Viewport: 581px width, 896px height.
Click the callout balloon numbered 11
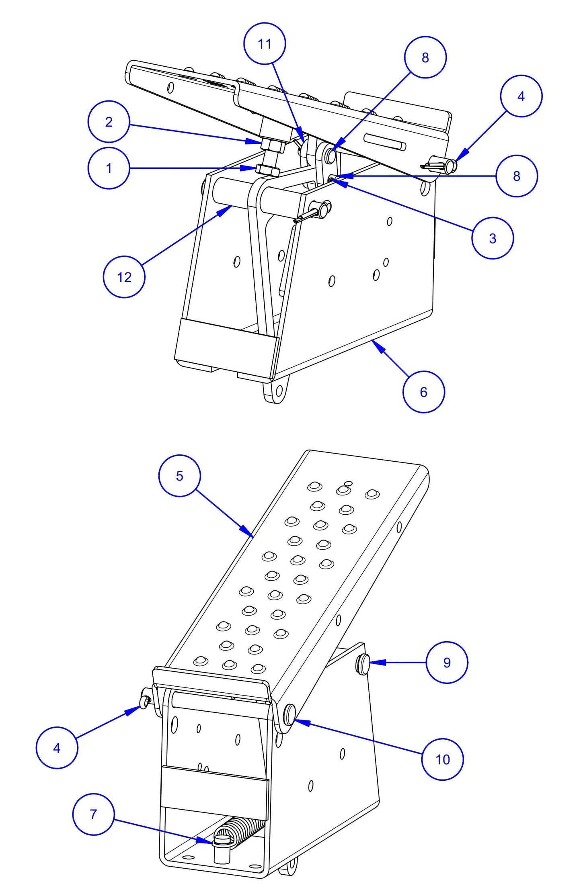tap(265, 43)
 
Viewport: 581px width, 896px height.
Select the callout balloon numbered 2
tap(109, 121)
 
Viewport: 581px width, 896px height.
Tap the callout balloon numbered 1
tap(109, 168)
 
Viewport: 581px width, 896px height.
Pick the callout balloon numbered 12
tap(124, 277)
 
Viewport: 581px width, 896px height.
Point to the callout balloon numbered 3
tap(493, 238)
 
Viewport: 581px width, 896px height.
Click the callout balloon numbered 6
tap(423, 392)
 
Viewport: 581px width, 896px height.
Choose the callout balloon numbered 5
tap(179, 476)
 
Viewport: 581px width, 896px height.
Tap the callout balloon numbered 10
tap(442, 759)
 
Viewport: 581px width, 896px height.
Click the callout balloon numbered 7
tap(93, 814)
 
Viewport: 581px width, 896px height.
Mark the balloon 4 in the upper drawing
tap(521, 96)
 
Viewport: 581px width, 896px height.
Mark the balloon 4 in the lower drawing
tap(57, 748)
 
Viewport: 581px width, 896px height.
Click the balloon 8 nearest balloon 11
tap(425, 57)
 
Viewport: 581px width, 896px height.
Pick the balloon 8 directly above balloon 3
tap(516, 176)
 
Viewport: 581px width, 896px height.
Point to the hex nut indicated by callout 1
tap(267, 170)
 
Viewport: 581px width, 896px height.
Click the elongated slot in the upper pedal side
tap(384, 141)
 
